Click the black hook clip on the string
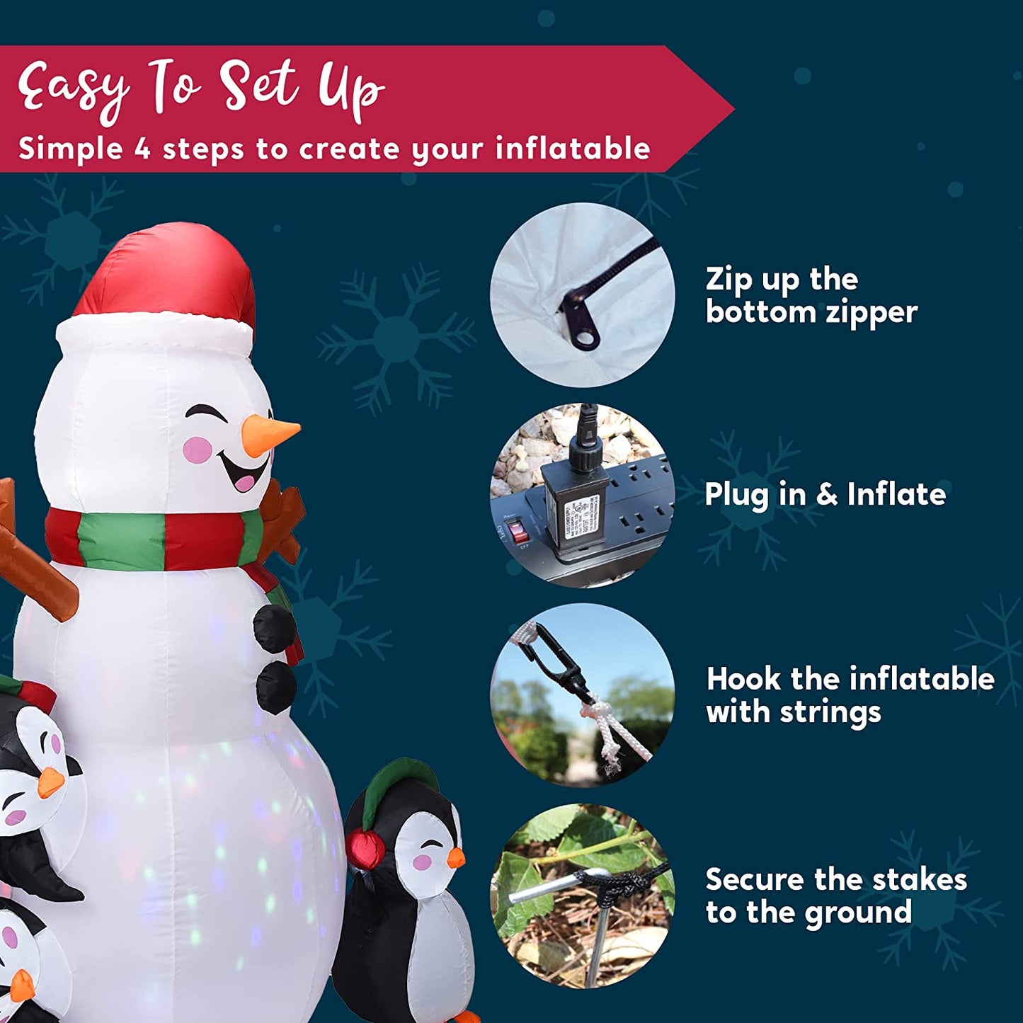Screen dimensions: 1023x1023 pos(556,662)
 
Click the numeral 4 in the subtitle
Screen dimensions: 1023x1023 pos(143,149)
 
